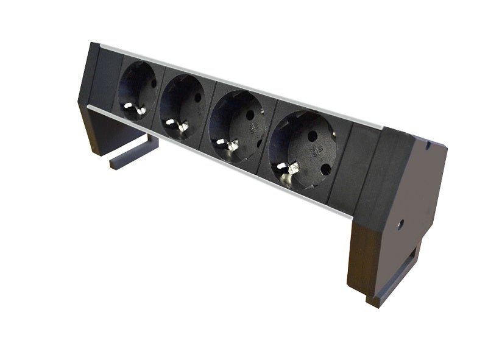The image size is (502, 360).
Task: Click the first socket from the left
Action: coord(138,91)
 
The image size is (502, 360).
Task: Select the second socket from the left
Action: coord(182,107)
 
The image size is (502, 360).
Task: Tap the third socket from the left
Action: coord(236,125)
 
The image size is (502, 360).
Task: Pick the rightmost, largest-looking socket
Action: coord(302,149)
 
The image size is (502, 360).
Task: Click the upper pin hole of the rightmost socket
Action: coord(312,136)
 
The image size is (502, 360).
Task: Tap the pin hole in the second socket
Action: coord(197,97)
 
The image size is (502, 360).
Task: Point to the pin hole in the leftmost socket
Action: coord(154,83)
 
